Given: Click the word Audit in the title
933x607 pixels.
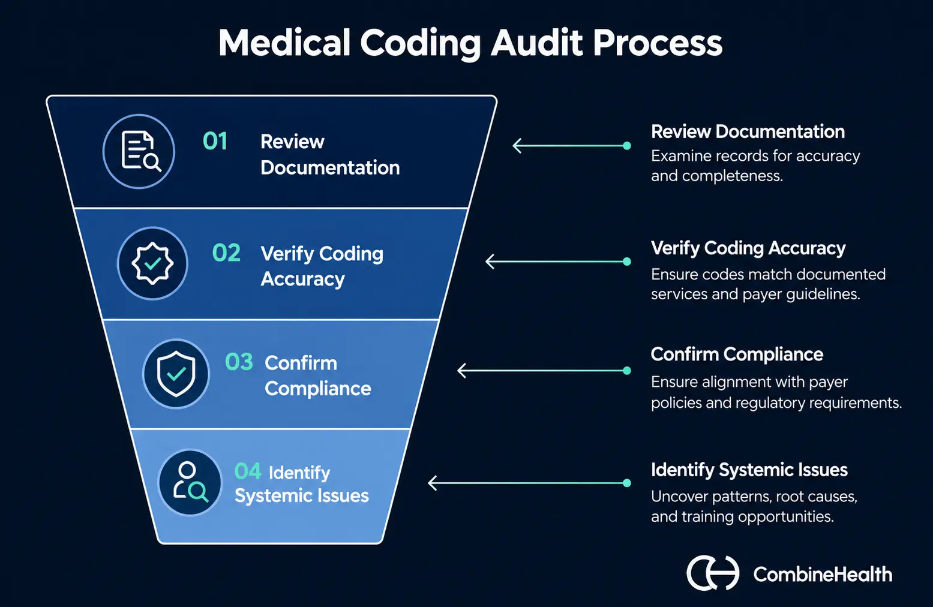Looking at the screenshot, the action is point(537,43).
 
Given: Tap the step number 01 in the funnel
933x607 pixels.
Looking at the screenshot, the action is point(215,141).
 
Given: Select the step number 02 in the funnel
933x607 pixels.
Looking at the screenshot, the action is point(226,253).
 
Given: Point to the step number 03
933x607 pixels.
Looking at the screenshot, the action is point(239,362).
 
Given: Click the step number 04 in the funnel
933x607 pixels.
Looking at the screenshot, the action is point(248,471).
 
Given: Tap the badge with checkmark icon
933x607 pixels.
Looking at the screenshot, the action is point(152,263).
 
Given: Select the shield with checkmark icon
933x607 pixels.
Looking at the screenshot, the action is point(176,374).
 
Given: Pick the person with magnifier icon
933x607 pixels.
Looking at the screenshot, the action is point(190,482).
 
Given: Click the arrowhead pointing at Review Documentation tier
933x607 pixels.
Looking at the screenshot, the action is point(517,146).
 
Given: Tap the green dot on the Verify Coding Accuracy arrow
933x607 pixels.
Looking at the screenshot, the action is point(627,262).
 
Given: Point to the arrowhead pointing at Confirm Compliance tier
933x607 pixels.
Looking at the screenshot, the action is point(461,371).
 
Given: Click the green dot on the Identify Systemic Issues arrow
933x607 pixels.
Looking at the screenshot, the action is point(627,483).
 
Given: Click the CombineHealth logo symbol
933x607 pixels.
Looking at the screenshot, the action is point(713,573).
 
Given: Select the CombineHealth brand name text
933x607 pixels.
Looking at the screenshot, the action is point(823,575).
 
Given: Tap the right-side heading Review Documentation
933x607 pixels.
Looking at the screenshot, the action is point(748,131).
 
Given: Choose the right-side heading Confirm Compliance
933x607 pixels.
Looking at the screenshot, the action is point(737,354).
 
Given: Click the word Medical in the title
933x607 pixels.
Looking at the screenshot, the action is point(284,43).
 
